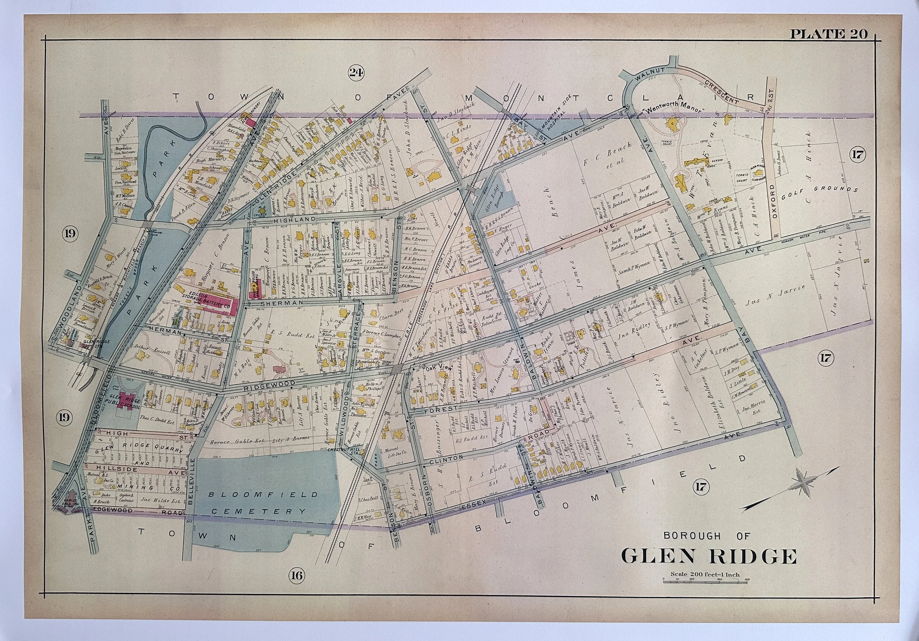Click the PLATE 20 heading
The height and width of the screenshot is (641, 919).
[828, 35]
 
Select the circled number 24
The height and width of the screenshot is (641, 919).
[355, 72]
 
